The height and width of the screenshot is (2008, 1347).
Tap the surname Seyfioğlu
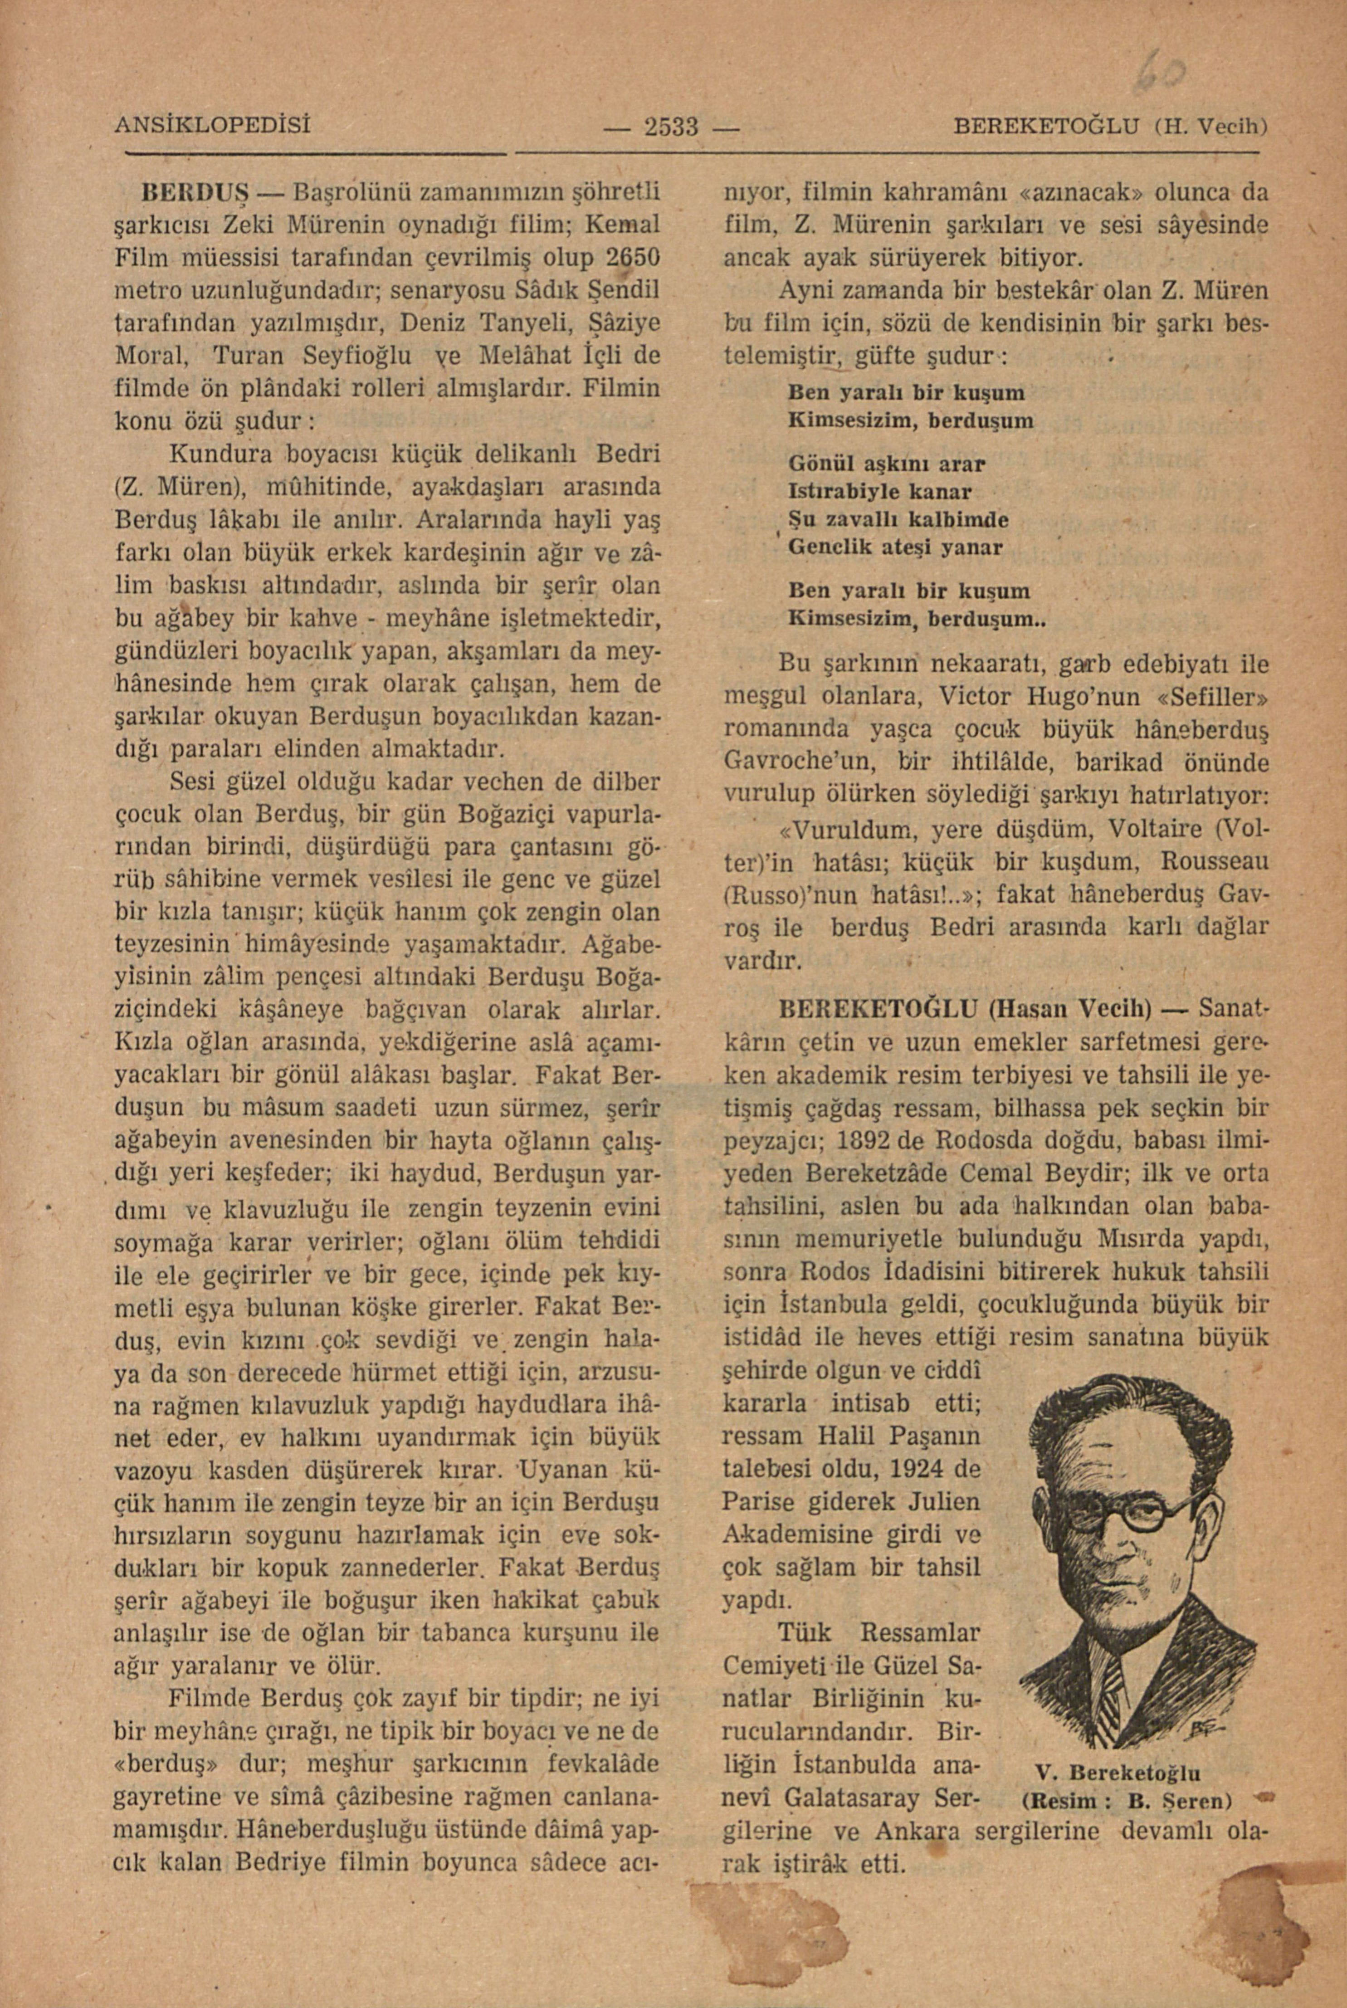(359, 355)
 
